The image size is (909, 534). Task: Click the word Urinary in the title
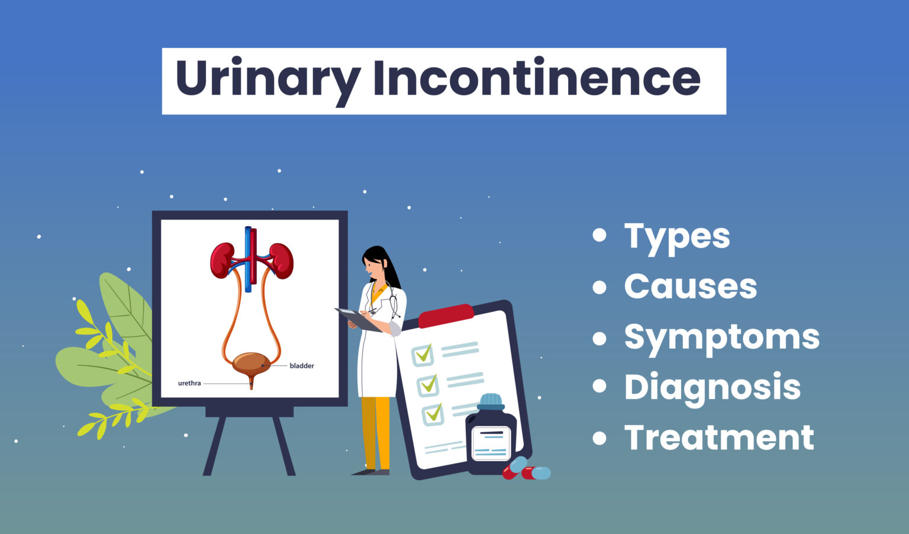coord(267,80)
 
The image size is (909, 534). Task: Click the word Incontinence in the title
coord(536,79)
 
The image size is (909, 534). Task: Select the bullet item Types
coord(677,236)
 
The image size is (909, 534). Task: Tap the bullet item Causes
coord(690,287)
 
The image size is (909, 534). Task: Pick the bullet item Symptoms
coord(721,337)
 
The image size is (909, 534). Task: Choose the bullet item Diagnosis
coord(712,387)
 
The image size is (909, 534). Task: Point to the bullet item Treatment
coord(719,438)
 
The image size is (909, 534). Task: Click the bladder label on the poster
coord(302,366)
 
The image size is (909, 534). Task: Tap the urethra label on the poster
coord(189,384)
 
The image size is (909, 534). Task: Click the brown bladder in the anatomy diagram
coord(251,362)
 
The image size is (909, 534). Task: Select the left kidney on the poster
coord(222,259)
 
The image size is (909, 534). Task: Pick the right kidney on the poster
coord(282,259)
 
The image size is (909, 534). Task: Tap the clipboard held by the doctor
coord(359,319)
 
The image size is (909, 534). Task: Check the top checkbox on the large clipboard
coord(423,355)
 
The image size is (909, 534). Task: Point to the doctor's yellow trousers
coord(376,432)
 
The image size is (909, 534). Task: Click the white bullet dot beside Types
coord(599,236)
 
